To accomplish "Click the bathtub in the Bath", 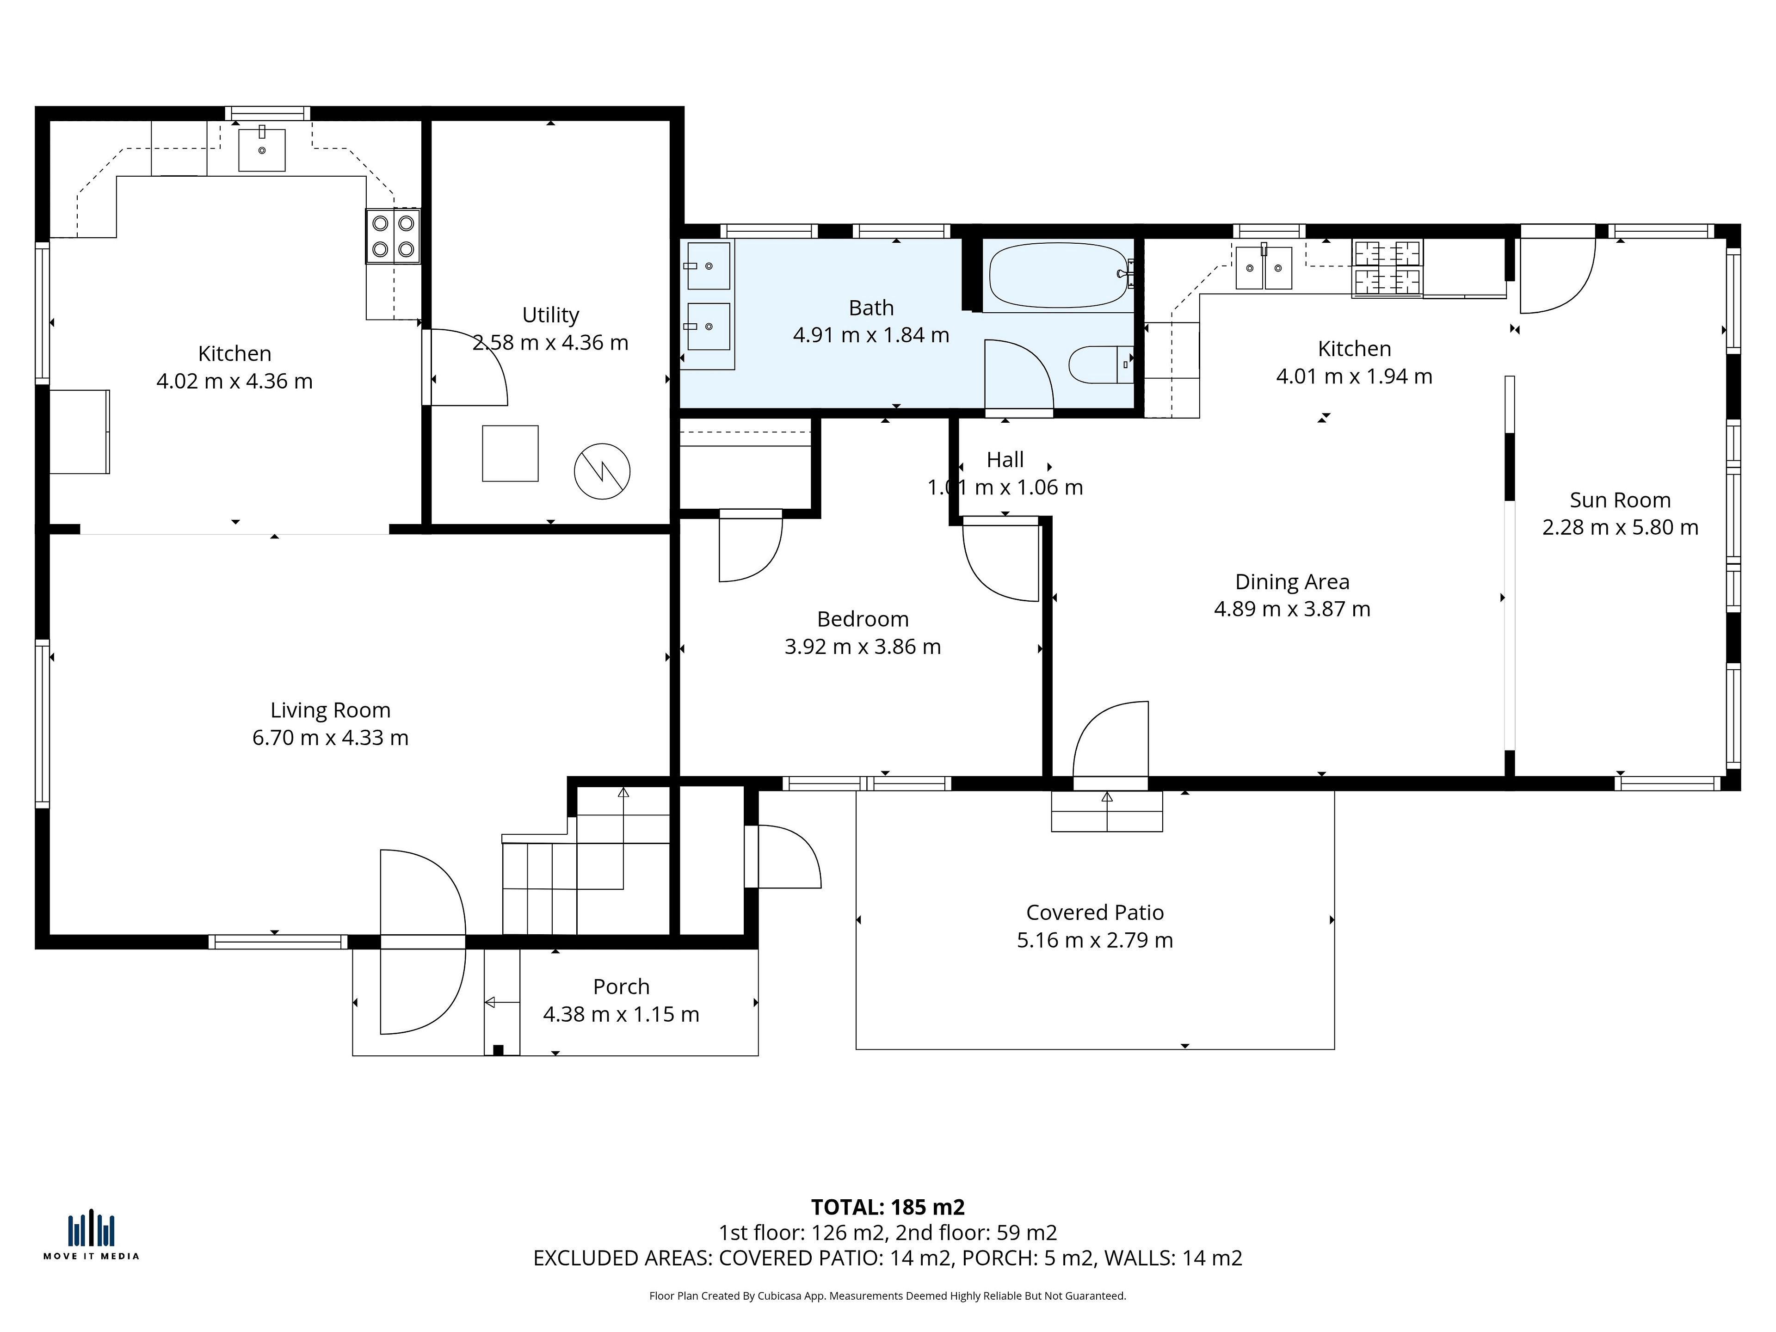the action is point(1058,275).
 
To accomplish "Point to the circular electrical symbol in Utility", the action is point(602,471).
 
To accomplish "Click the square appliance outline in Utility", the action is point(510,454).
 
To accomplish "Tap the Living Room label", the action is point(330,710).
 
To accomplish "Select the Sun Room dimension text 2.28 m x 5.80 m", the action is point(1620,528).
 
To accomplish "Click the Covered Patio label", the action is point(1095,913).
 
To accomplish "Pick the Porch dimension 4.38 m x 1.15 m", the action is point(622,1015).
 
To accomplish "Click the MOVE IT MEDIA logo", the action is point(92,1236).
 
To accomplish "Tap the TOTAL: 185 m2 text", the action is point(888,1208).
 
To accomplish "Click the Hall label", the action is point(1005,460).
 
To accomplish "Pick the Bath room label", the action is point(871,308).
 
